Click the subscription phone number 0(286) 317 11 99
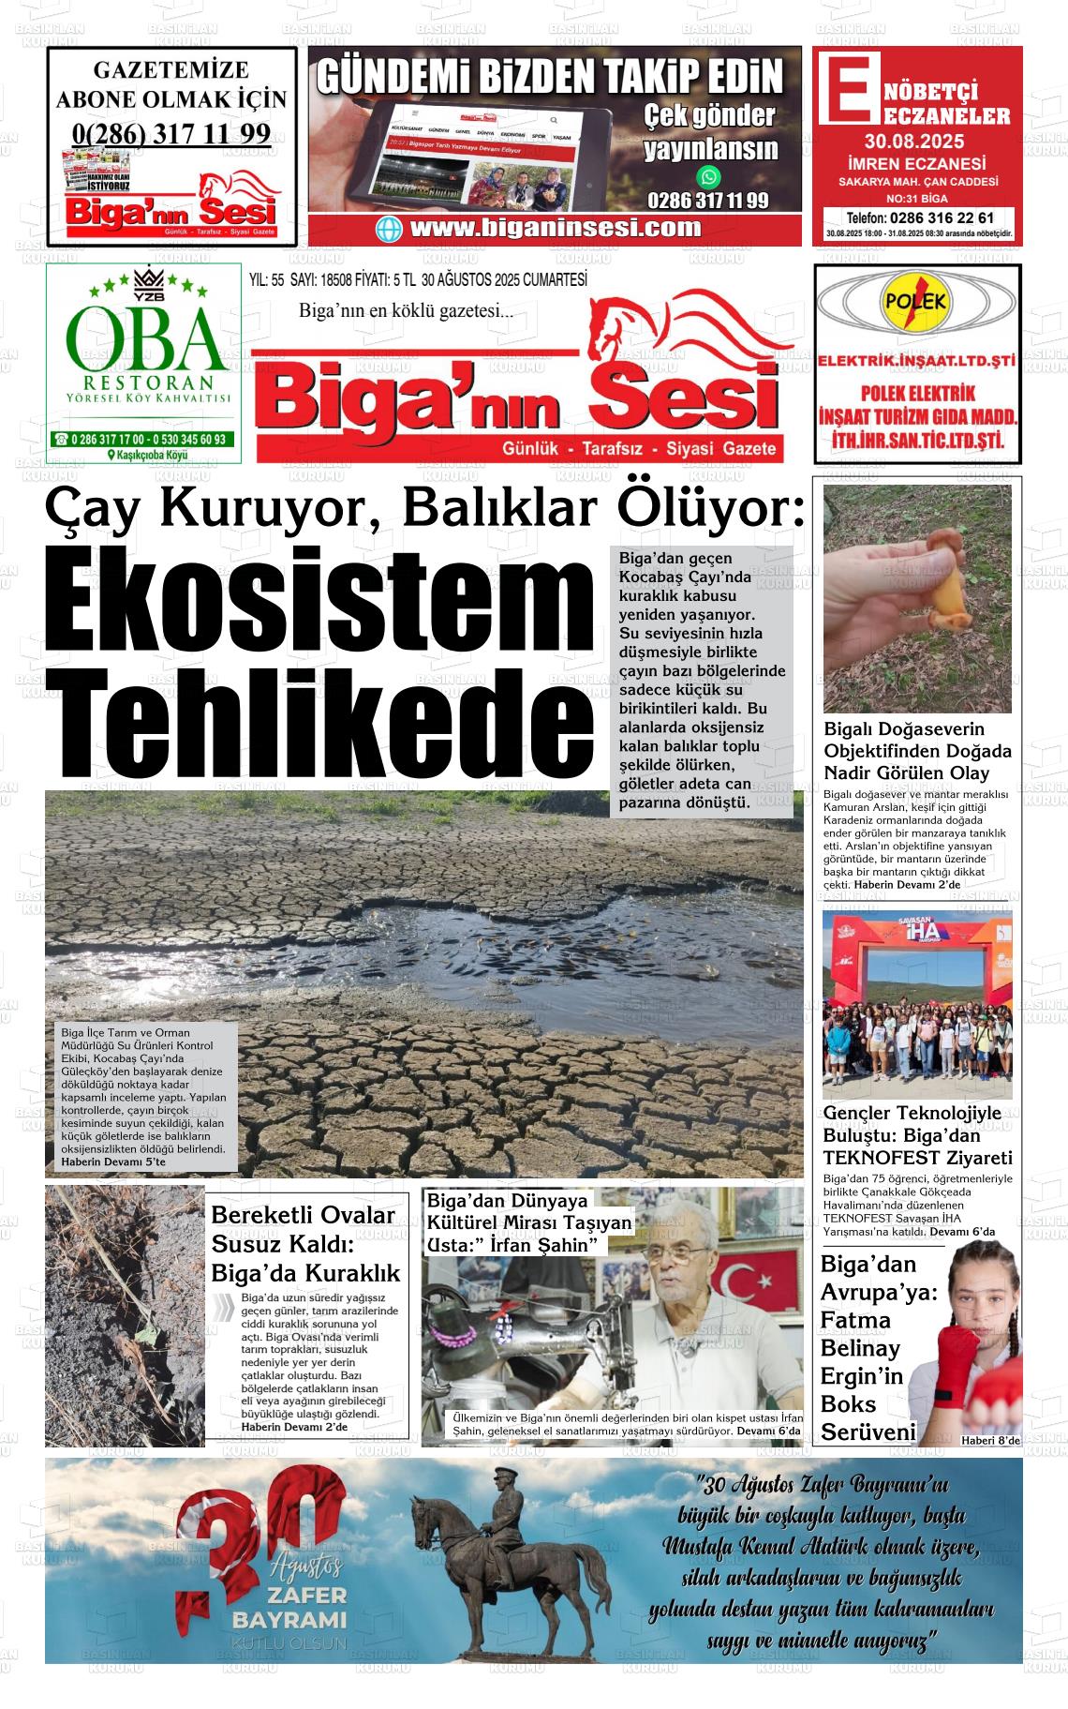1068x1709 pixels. [171, 134]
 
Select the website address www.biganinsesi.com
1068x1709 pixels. [555, 228]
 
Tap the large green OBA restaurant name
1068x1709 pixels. [145, 339]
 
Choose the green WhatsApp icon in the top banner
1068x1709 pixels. [709, 176]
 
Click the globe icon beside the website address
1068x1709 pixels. [389, 229]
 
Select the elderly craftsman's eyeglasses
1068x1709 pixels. [683, 1254]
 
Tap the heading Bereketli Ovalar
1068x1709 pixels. [303, 1215]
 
